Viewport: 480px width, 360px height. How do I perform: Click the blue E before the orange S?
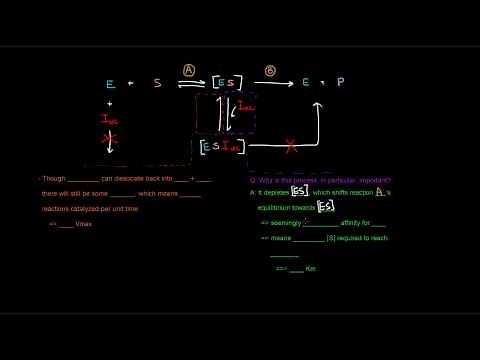coord(110,84)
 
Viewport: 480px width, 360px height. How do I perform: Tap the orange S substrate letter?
coord(157,83)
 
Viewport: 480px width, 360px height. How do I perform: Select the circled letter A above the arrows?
coord(189,70)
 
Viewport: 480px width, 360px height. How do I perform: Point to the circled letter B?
coord(270,70)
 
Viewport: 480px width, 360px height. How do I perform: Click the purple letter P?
coord(340,82)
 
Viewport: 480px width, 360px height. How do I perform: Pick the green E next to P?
coord(306,82)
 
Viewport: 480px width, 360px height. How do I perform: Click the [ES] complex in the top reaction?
coord(227,82)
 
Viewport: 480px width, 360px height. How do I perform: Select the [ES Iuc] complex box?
coord(221,146)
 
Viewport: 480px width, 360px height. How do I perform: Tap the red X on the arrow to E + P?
coord(291,146)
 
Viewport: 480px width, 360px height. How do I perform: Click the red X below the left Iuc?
coord(111,139)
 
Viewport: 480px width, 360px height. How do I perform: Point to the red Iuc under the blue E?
coord(110,119)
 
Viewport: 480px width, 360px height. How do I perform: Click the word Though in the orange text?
coord(53,178)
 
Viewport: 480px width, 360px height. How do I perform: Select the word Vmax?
coord(83,224)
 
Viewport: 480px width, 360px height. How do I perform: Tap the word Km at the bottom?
coord(311,269)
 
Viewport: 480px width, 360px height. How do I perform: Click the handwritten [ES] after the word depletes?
coord(299,192)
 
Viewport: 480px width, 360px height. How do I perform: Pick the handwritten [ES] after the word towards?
coord(326,207)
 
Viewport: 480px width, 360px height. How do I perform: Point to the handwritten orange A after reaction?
coord(380,191)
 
